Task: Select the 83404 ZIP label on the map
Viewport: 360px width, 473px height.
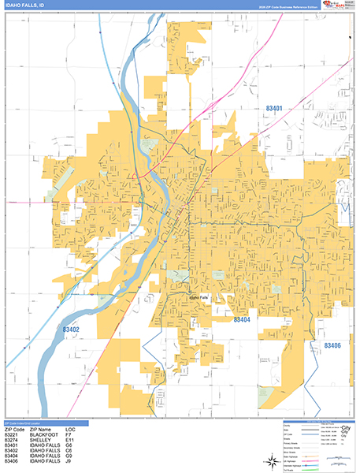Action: pos(242,320)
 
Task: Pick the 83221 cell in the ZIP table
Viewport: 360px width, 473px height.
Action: pos(12,433)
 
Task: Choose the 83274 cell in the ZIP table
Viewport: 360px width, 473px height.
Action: pos(12,439)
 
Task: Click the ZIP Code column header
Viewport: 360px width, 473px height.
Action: pos(14,427)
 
